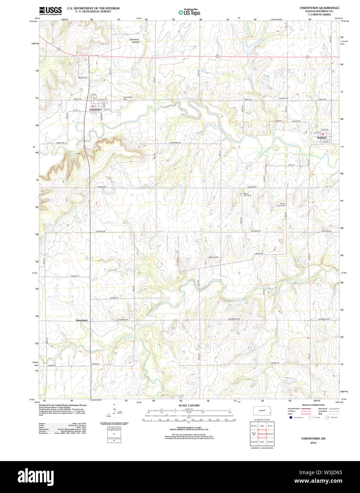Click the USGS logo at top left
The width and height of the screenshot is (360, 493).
pyautogui.click(x=50, y=11)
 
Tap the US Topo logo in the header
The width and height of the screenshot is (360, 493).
pyautogui.click(x=189, y=12)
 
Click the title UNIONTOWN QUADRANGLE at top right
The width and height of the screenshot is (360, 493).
pyautogui.click(x=319, y=8)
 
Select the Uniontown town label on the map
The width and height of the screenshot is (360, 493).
pyautogui.click(x=95, y=110)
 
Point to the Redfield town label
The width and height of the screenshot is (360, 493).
pyautogui.click(x=322, y=138)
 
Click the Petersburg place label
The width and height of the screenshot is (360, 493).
pyautogui.click(x=81, y=320)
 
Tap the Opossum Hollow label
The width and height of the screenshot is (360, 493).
pyautogui.click(x=134, y=41)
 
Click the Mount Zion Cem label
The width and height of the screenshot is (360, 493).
pyautogui.click(x=247, y=195)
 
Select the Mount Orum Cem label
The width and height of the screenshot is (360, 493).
pyautogui.click(x=281, y=205)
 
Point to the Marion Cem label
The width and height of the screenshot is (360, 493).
pyautogui.click(x=214, y=257)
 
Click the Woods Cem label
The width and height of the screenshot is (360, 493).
pyautogui.click(x=284, y=98)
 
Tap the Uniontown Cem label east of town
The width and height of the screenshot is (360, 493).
pyautogui.click(x=127, y=98)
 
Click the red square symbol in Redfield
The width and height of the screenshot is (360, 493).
pyautogui.click(x=322, y=134)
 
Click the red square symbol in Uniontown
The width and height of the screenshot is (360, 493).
pyautogui.click(x=92, y=106)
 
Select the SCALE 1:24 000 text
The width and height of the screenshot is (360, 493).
pyautogui.click(x=189, y=405)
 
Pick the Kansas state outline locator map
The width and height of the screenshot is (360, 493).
pyautogui.click(x=263, y=411)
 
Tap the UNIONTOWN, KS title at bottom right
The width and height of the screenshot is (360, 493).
pyautogui.click(x=313, y=439)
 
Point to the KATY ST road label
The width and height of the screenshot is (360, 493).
pyautogui.click(x=291, y=165)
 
